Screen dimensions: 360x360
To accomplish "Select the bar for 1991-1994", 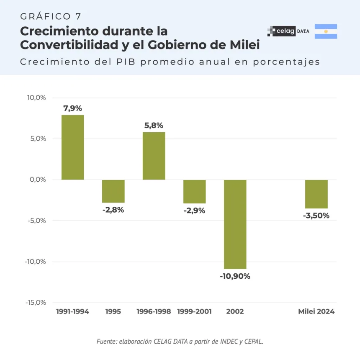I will click(x=72, y=147).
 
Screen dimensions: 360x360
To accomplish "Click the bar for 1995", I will click(x=113, y=191).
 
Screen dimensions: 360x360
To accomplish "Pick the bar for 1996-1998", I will click(x=154, y=156).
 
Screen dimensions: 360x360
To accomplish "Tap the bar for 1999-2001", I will click(x=194, y=191).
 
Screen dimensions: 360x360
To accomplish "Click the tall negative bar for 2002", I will click(x=235, y=224).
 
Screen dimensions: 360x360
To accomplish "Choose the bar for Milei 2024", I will click(x=316, y=194).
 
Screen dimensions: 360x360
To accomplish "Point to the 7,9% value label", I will click(x=72, y=108).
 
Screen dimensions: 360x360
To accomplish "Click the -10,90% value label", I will click(x=235, y=276).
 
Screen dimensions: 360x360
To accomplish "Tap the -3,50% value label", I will click(x=316, y=216).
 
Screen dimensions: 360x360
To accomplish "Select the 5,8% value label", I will click(x=154, y=125).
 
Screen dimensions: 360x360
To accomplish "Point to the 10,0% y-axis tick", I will click(x=36, y=98).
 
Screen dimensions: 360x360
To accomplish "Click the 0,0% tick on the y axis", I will click(x=38, y=180).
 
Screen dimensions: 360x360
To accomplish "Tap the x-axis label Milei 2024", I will click(x=316, y=311).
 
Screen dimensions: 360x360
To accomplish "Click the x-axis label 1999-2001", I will click(x=194, y=311).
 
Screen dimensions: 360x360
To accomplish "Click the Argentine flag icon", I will click(x=326, y=31).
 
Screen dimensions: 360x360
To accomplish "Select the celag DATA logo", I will click(x=288, y=31).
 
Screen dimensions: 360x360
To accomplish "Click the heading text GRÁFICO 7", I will click(x=51, y=16).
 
